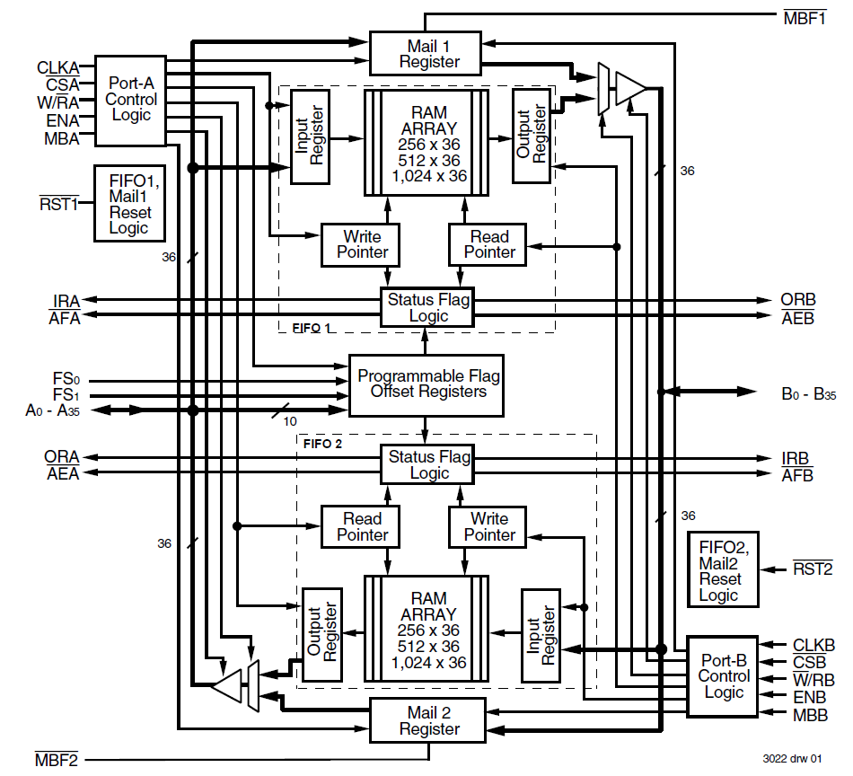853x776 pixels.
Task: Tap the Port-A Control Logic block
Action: pos(131,99)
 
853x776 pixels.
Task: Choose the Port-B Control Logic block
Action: pos(724,675)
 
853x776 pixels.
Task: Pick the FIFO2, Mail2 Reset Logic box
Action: pos(723,569)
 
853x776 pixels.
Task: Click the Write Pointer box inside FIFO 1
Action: pos(362,244)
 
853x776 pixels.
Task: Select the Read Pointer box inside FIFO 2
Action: pos(362,526)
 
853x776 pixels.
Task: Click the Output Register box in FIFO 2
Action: pos(322,637)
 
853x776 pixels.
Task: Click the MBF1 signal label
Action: pos(805,16)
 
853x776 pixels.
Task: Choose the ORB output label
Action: pos(797,300)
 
